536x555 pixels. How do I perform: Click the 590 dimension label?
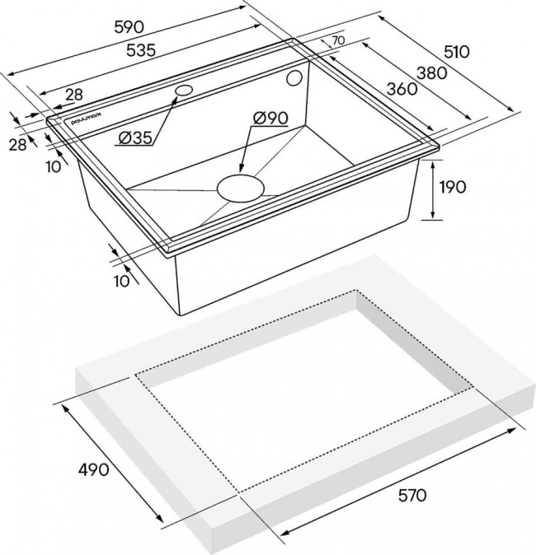(129, 27)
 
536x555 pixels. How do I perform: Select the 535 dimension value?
(141, 50)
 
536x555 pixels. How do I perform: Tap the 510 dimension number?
(457, 52)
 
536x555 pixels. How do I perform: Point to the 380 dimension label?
(432, 73)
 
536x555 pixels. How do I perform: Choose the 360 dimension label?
(402, 89)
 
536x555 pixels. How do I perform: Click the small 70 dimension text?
(338, 40)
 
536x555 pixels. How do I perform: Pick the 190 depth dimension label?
(453, 187)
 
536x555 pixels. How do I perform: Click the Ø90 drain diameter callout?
(270, 118)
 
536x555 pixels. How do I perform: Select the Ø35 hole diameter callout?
(135, 138)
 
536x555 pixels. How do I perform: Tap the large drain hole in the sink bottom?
(241, 188)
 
